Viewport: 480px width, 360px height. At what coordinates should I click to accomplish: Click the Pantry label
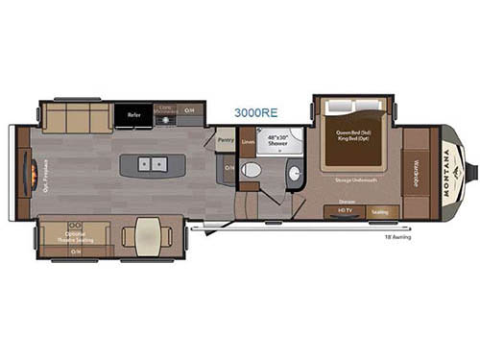point(226,140)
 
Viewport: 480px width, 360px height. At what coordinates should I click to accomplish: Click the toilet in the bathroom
point(252,170)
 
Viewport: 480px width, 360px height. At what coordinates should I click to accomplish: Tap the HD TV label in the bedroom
point(345,210)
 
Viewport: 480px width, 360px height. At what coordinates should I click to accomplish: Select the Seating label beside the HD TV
point(379,210)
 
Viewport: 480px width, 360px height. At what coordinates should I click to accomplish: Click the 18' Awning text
point(396,236)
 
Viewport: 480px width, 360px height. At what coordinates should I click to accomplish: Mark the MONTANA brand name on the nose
point(448,172)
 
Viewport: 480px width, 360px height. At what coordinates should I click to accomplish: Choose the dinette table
point(148,236)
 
